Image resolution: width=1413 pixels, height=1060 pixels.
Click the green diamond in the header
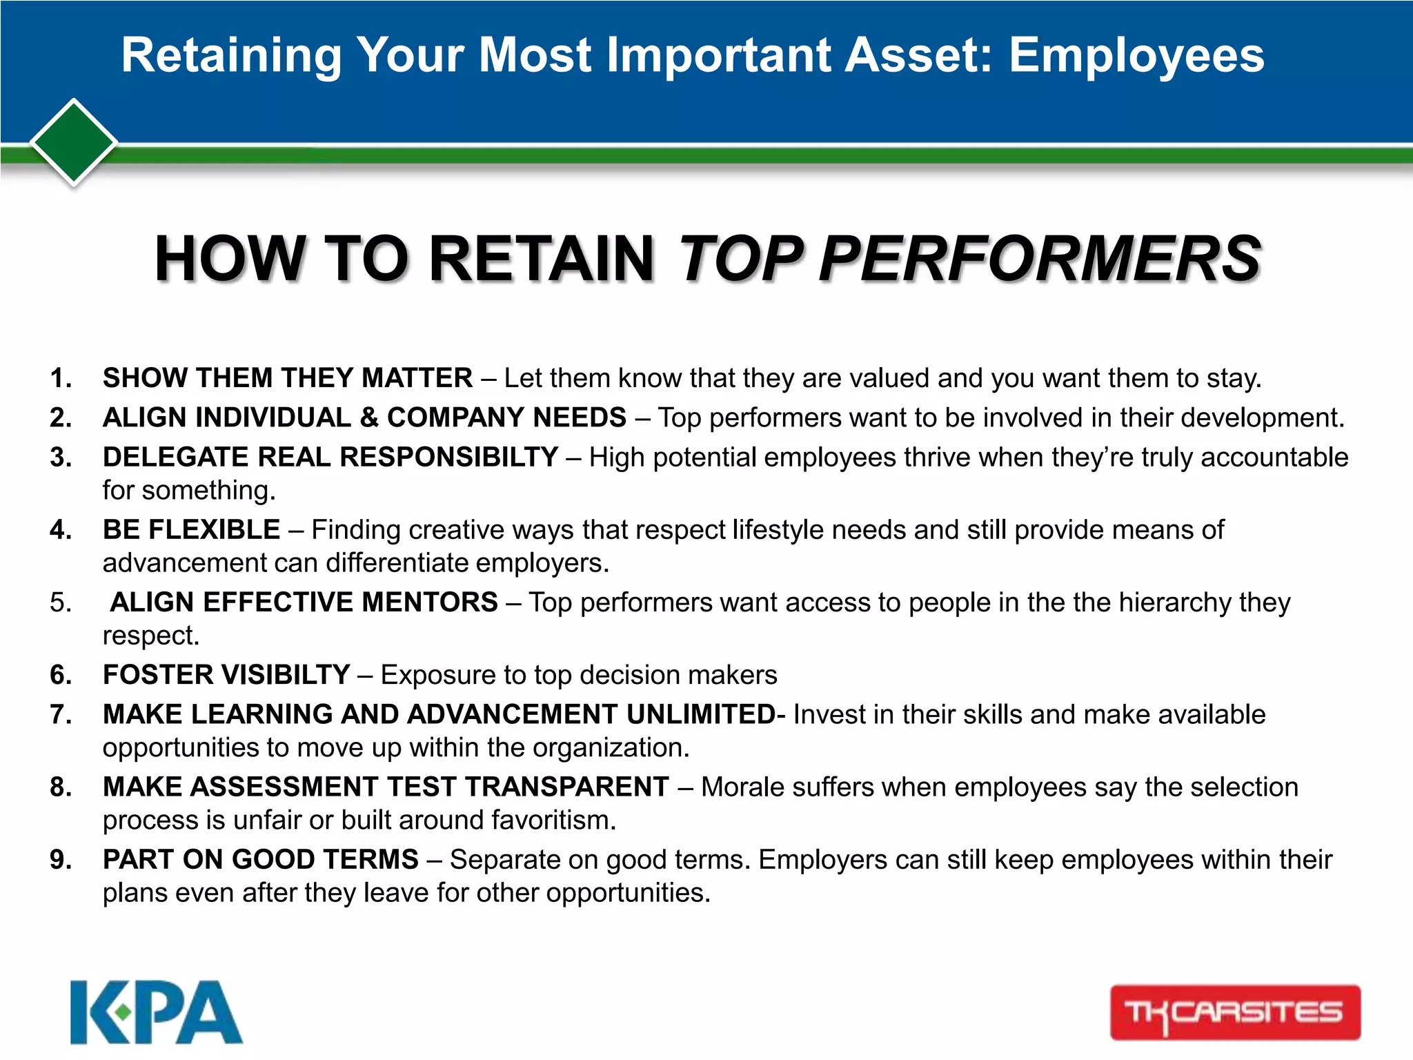coord(74,142)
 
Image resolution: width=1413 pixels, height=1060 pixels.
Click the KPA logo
coord(157,1012)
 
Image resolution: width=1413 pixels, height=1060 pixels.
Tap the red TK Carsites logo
coord(1234,1012)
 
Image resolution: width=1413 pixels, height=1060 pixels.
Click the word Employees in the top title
coord(1136,55)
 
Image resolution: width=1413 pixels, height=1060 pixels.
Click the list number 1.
coord(61,378)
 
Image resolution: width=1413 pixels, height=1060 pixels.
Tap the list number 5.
coord(61,602)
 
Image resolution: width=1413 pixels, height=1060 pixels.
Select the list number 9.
coord(61,860)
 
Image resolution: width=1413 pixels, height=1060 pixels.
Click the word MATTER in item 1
coord(417,378)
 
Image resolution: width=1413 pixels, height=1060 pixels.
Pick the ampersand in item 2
coord(369,418)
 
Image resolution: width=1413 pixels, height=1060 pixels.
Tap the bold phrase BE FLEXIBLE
coord(191,530)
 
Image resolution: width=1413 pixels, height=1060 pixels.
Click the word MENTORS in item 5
coord(430,602)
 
